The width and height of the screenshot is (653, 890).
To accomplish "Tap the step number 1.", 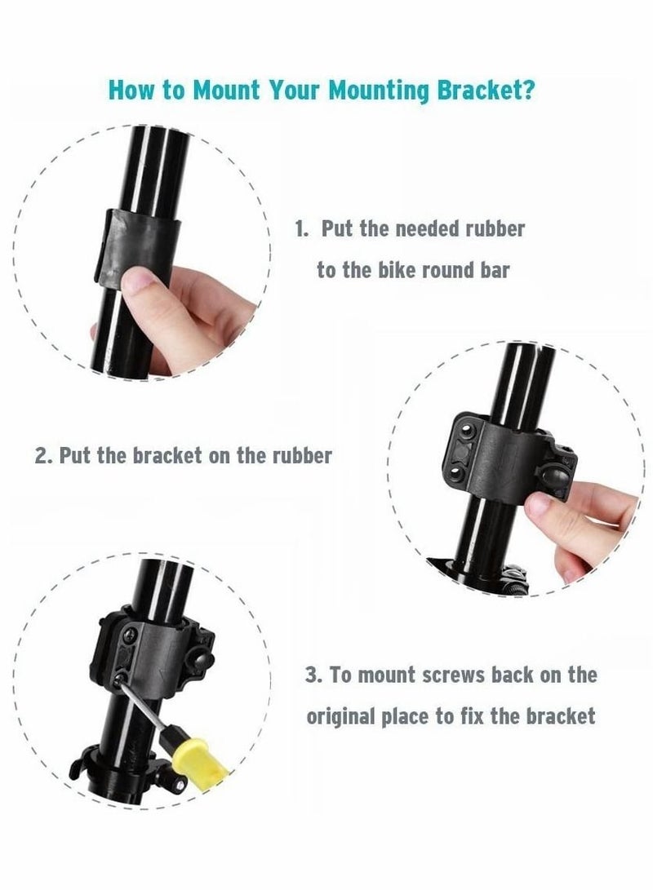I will [x=301, y=228].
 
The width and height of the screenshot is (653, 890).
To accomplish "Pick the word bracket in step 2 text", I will [x=170, y=455].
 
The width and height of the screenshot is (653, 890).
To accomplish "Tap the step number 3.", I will [x=312, y=675].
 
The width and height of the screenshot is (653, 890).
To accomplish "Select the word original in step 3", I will [x=342, y=717].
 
